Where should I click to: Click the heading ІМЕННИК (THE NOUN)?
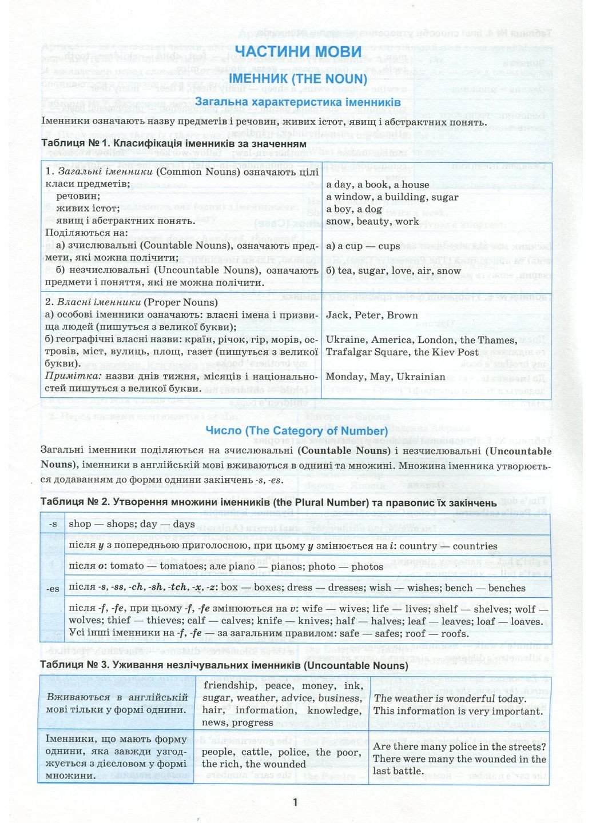[297, 79]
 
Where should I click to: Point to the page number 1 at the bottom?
[295, 802]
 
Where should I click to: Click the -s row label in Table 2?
[53, 524]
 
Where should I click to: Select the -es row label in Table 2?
[53, 589]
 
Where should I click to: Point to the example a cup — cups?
[363, 246]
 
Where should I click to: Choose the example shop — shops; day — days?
[132, 524]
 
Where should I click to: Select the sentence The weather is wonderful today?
[450, 698]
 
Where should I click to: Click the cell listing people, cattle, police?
[281, 758]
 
